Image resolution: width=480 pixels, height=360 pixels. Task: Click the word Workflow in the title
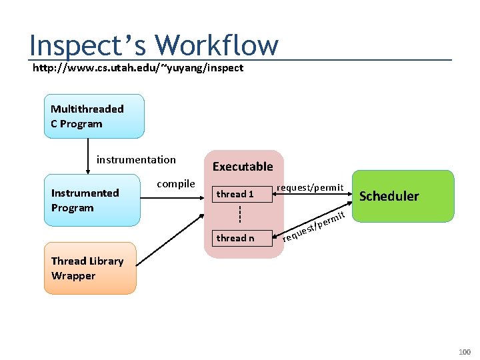217,45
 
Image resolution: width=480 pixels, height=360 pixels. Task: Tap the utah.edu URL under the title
138,67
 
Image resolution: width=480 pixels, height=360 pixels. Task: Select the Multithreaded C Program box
94,116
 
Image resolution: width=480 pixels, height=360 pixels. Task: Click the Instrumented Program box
92,200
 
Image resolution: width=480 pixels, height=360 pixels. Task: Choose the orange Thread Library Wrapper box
90,269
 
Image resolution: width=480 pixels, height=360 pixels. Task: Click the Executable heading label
243,166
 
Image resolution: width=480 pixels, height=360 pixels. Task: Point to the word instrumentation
136,159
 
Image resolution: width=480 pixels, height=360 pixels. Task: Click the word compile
176,183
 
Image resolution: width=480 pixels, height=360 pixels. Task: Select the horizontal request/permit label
310,187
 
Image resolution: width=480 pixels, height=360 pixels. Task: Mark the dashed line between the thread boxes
239,215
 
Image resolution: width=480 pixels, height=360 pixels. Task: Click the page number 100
464,351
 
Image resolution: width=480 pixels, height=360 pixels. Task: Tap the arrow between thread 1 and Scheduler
313,195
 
